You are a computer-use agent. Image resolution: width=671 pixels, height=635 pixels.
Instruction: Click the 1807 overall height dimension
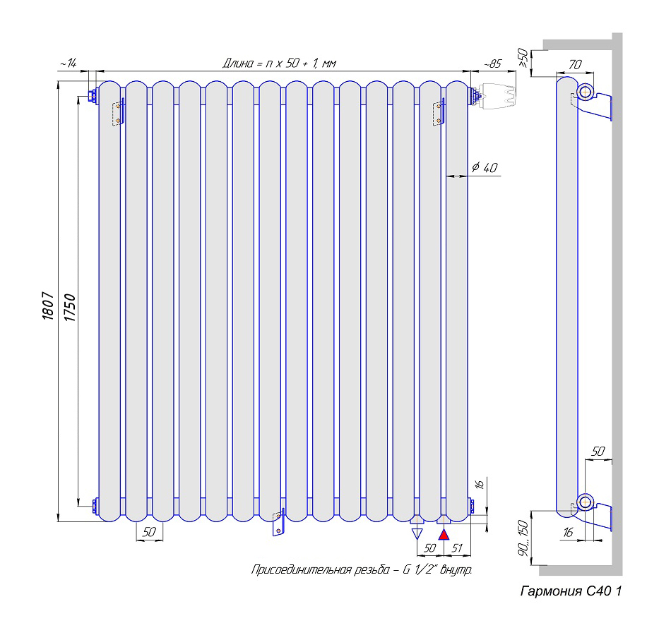[48, 308]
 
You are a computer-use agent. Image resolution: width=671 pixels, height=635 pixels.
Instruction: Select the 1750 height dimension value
[70, 308]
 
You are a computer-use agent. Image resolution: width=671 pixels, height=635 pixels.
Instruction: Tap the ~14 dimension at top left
[68, 64]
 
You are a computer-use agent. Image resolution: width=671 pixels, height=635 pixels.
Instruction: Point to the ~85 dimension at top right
[492, 64]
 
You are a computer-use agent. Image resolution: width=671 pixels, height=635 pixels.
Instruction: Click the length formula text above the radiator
[279, 64]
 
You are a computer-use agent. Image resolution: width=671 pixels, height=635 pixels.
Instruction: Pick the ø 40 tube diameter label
[485, 167]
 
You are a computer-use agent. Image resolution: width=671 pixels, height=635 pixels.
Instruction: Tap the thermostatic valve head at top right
[497, 97]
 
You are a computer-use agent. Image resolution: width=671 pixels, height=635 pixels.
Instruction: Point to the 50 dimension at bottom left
[148, 533]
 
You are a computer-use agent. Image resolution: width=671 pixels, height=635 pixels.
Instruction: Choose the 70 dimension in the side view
[575, 65]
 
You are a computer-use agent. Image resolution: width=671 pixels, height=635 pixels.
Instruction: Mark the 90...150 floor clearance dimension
[523, 541]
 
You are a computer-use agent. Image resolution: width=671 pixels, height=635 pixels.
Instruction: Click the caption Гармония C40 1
[571, 591]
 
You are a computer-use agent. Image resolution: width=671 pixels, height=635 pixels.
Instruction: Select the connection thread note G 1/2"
[361, 569]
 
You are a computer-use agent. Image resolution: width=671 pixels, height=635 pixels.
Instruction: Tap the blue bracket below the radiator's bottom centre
[278, 523]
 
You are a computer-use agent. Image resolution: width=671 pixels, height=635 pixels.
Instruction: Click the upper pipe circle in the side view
[586, 92]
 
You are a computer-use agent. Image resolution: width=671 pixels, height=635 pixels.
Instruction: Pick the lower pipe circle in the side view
[586, 502]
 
